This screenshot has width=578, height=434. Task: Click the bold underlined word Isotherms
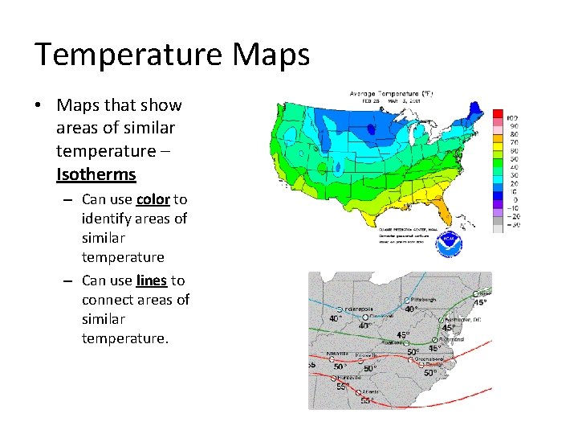coord(96,174)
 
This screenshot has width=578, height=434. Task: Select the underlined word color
coord(153,199)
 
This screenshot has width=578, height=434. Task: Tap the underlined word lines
coord(152,280)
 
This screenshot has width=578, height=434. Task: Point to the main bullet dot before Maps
coord(39,106)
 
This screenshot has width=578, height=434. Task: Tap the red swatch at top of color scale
coord(498,113)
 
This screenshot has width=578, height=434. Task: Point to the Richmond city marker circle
coord(441,340)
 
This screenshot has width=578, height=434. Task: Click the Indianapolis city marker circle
coord(340,309)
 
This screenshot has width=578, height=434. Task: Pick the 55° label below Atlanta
coord(365,400)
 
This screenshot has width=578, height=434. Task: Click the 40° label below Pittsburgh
coord(411,309)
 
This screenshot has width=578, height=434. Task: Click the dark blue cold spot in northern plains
coord(371,129)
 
